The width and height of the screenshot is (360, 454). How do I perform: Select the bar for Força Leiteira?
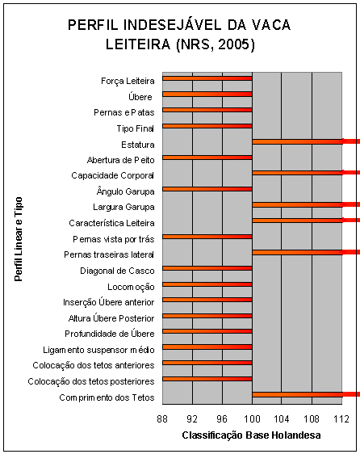[207, 78]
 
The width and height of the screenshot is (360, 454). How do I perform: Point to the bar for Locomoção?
[207, 284]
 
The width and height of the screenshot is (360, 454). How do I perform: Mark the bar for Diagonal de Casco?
[207, 268]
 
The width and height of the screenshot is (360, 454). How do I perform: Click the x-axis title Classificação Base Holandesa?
[252, 435]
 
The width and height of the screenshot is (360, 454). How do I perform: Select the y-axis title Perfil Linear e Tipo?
[18, 236]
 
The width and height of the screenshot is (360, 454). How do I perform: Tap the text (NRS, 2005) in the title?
[215, 45]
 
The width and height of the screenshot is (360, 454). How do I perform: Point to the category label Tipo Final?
[135, 128]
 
